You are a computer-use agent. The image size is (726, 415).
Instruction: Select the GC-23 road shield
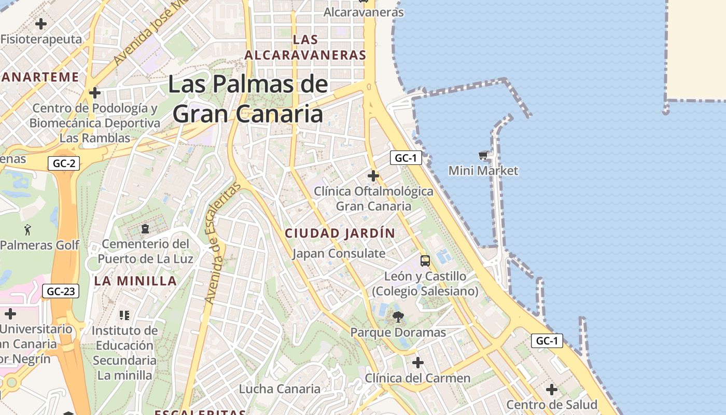(61, 291)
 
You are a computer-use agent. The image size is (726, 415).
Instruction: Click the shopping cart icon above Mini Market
(483, 155)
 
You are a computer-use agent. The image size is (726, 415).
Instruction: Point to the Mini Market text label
(483, 171)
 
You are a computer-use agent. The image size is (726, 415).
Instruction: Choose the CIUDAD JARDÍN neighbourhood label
(340, 233)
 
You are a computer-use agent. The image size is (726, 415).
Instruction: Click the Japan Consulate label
(339, 254)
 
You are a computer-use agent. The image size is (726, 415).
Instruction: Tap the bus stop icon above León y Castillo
(425, 260)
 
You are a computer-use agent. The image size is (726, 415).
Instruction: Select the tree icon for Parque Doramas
(398, 317)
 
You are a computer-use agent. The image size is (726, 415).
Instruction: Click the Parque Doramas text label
(398, 333)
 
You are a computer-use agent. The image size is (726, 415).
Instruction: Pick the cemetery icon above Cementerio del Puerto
(145, 229)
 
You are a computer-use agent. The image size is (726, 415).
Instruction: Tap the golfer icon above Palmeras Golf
(27, 229)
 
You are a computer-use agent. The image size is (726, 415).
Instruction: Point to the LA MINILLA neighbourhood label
(135, 281)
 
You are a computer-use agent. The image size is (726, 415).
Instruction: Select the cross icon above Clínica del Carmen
(418, 362)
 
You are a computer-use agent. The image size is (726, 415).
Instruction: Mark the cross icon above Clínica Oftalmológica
(373, 175)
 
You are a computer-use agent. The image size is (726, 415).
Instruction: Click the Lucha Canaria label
(280, 389)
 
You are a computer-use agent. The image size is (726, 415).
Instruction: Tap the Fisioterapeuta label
(41, 39)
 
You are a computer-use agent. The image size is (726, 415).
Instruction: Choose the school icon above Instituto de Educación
(124, 315)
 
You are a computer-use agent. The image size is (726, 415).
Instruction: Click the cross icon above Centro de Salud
(552, 389)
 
